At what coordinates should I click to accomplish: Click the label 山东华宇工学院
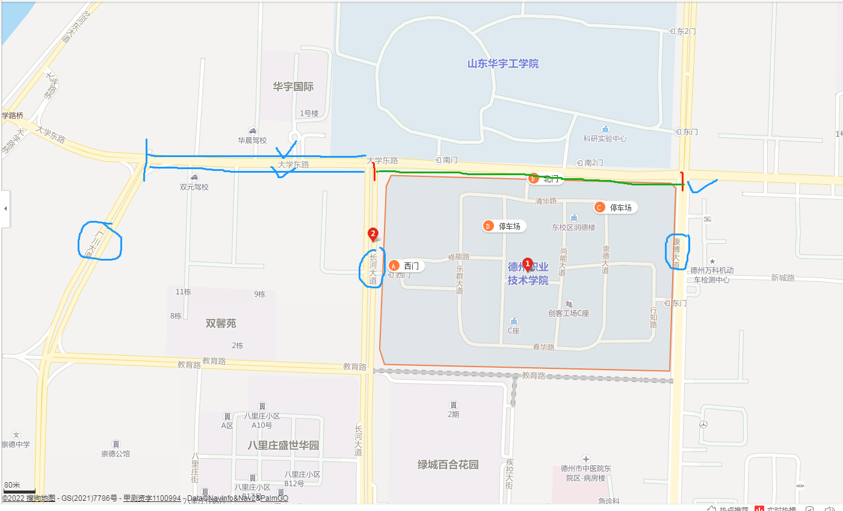tap(503, 64)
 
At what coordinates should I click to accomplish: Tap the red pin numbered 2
tap(373, 234)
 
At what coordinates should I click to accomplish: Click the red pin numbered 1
tap(528, 264)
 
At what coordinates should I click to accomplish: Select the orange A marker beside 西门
tap(394, 265)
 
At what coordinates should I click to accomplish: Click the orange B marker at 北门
tap(533, 179)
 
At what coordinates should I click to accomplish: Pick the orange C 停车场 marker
tap(599, 208)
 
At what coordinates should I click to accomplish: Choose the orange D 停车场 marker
tap(488, 226)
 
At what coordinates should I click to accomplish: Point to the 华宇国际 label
tap(293, 87)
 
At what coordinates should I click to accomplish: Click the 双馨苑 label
tap(221, 323)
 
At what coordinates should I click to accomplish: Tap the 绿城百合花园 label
tap(448, 465)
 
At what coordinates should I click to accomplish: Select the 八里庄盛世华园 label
tap(283, 445)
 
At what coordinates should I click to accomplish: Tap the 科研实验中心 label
tap(605, 138)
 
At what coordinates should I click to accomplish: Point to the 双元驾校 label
tap(194, 187)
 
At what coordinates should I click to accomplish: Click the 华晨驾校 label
tap(252, 140)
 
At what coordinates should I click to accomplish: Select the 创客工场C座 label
tap(569, 313)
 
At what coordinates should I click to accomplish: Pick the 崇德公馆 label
tap(116, 453)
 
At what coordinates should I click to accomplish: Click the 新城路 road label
tap(782, 277)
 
